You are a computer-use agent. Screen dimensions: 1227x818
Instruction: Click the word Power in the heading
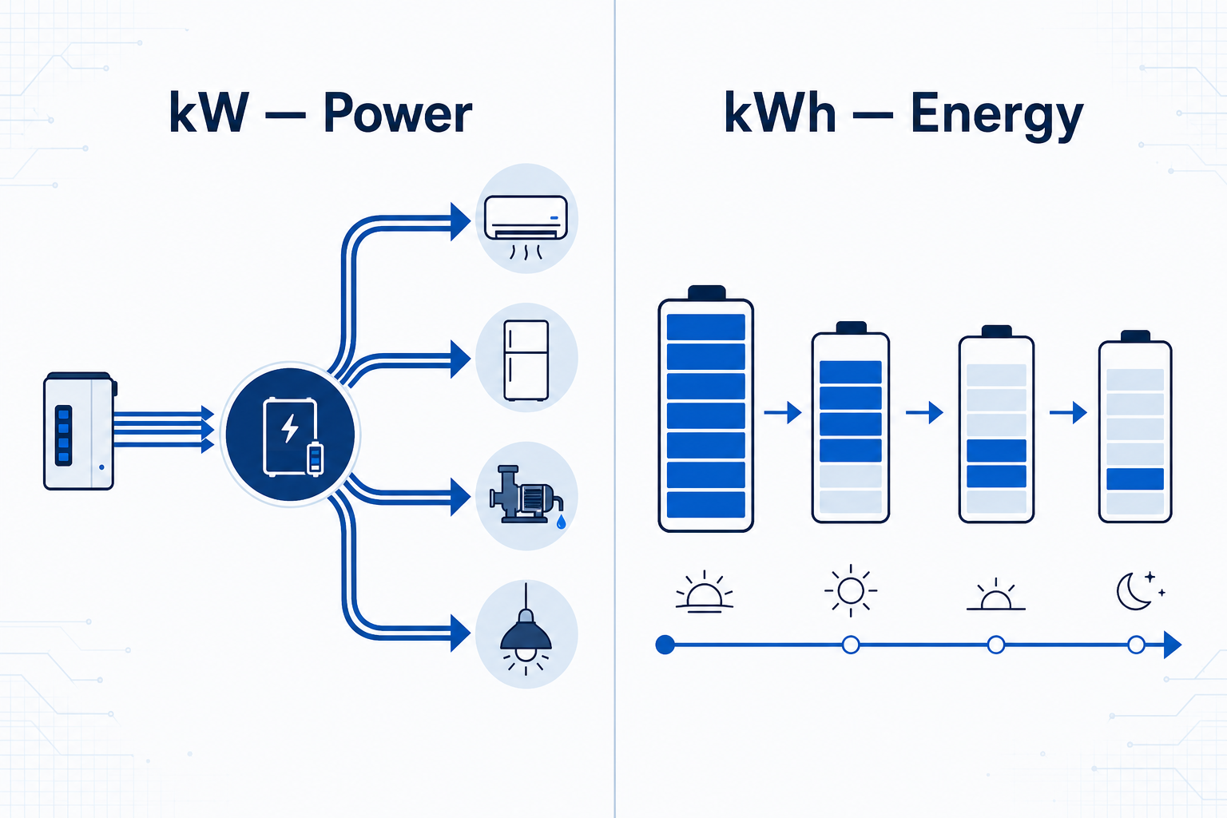click(x=398, y=113)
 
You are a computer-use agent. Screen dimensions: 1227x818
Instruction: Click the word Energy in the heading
click(x=997, y=116)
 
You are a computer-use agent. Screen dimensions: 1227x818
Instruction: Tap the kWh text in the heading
click(x=780, y=113)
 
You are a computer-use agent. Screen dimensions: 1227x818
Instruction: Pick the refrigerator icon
click(x=526, y=360)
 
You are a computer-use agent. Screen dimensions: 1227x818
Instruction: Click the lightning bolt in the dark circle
click(x=290, y=428)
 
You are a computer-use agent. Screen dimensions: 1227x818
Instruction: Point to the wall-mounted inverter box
click(x=80, y=431)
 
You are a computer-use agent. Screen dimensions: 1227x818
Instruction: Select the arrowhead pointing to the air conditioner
click(x=460, y=221)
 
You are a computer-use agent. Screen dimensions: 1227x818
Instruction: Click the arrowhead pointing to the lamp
click(x=460, y=632)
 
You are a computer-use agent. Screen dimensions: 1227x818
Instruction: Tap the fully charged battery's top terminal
click(x=707, y=292)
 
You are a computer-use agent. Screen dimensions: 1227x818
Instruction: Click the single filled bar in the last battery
click(x=1135, y=478)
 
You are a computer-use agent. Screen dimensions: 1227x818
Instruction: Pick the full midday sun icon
click(x=851, y=590)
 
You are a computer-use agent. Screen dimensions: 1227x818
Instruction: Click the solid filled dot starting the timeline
click(x=665, y=645)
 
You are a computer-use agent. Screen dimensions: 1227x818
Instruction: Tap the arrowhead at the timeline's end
click(x=1172, y=645)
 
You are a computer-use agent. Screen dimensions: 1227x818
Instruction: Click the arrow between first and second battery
click(x=783, y=412)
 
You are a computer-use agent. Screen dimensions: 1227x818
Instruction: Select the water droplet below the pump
click(x=561, y=522)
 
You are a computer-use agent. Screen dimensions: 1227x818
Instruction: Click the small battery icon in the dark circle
click(x=315, y=458)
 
